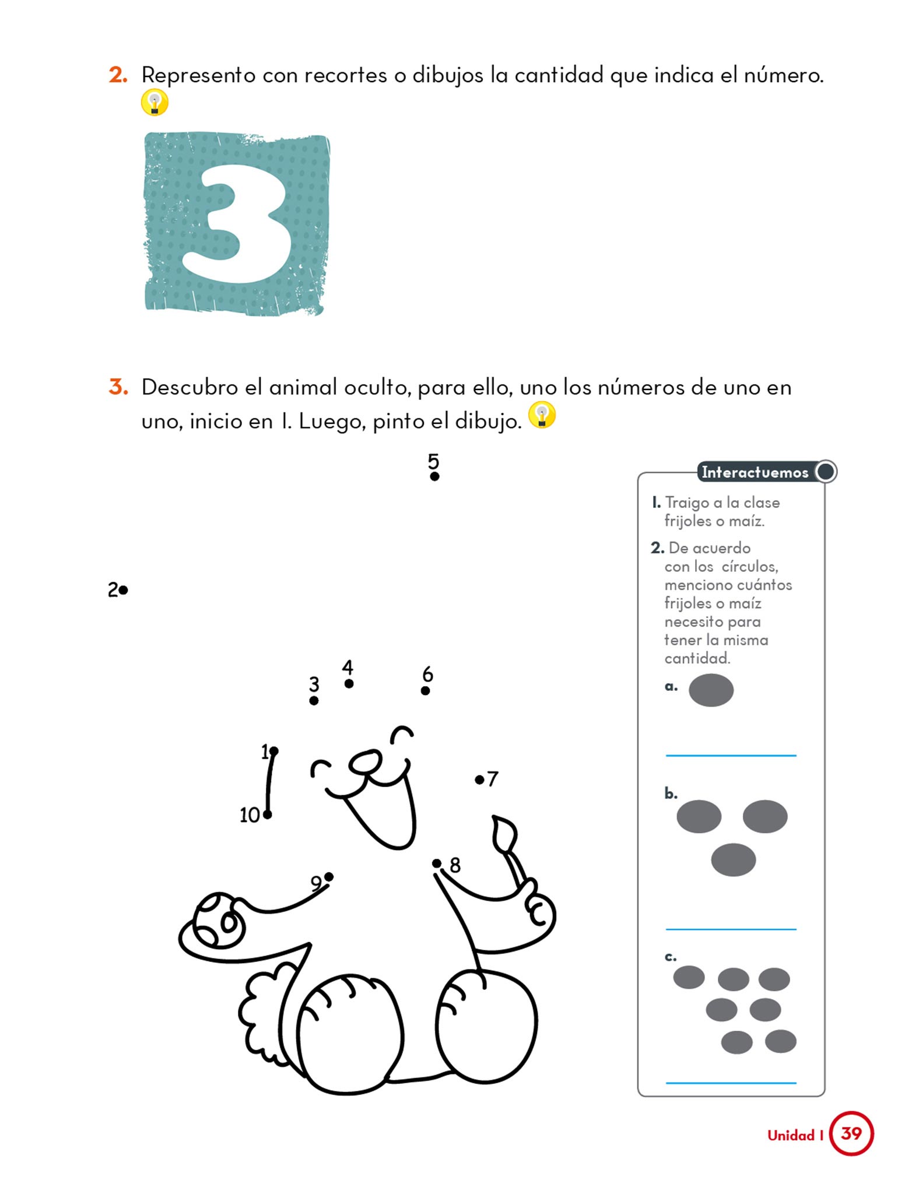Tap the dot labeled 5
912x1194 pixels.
click(434, 476)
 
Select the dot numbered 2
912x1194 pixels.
click(123, 591)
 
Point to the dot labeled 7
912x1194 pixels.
click(479, 779)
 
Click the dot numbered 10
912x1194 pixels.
click(267, 814)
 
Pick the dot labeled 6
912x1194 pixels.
click(425, 691)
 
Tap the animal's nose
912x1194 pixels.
click(366, 761)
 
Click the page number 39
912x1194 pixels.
click(851, 1133)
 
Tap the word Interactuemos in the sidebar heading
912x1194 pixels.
click(755, 472)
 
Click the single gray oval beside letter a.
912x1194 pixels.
click(711, 690)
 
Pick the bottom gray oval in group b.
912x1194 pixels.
click(733, 860)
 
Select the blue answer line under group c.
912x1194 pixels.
click(731, 1083)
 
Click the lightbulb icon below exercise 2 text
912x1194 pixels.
click(155, 103)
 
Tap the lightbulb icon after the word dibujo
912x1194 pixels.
click(542, 416)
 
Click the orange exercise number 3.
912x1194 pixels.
click(118, 387)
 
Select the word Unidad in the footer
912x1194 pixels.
click(791, 1135)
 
